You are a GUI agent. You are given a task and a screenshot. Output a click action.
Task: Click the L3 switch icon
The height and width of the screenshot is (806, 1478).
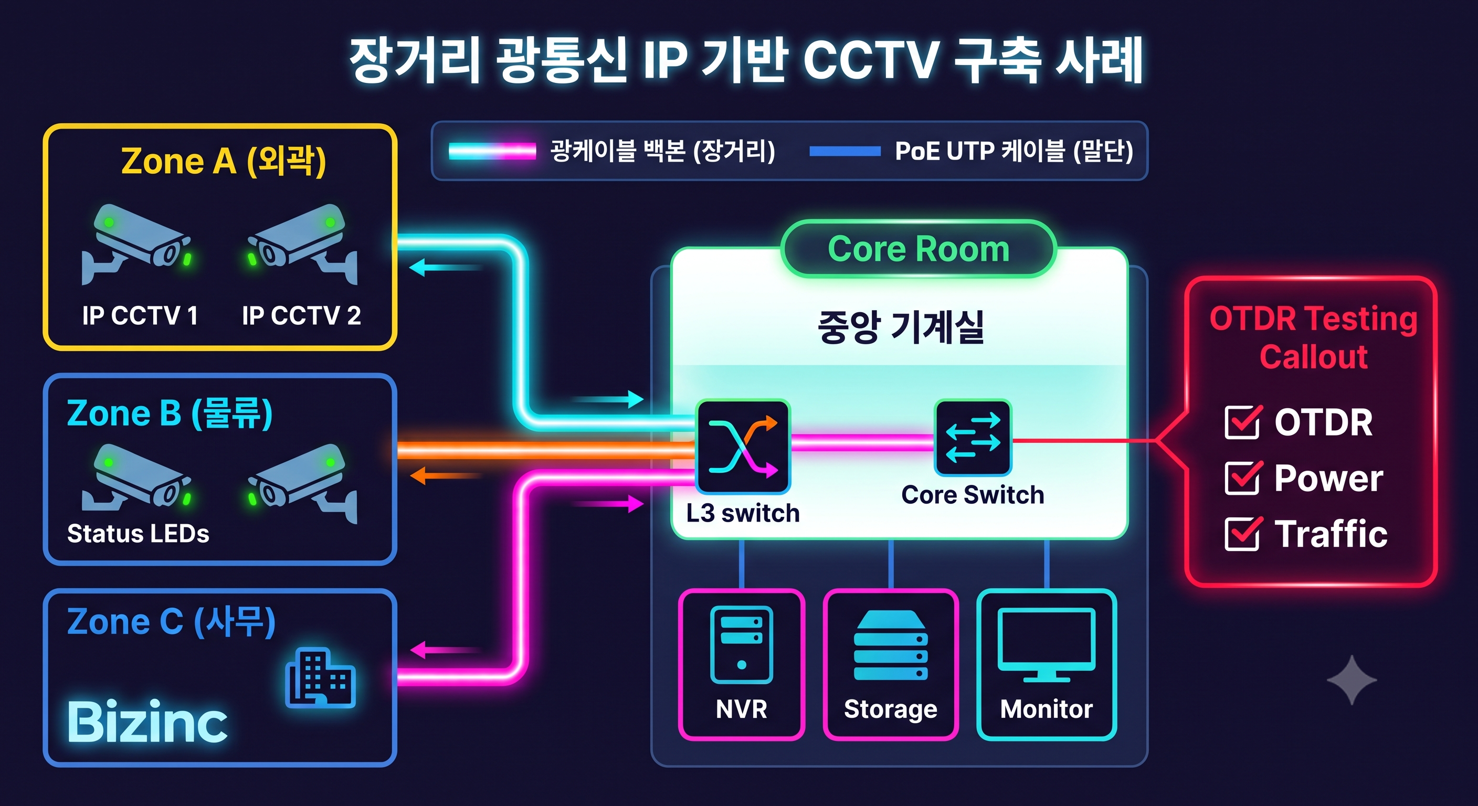click(x=743, y=447)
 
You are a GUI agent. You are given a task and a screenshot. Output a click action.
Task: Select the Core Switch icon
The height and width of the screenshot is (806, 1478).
click(x=973, y=438)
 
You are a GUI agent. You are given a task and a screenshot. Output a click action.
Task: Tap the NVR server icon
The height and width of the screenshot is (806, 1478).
click(x=742, y=645)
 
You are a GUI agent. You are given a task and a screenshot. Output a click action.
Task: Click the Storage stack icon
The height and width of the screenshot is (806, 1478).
click(x=891, y=645)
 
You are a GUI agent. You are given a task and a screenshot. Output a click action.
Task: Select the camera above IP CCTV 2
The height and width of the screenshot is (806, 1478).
click(x=302, y=245)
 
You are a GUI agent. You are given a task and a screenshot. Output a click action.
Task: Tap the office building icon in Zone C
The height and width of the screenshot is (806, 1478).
click(x=320, y=677)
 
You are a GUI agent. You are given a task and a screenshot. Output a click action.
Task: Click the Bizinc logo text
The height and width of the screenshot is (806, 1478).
click(x=147, y=721)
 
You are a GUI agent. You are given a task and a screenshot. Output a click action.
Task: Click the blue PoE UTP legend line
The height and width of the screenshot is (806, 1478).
click(x=844, y=152)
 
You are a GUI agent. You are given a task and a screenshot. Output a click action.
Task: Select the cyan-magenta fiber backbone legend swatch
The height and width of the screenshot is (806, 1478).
click(x=492, y=152)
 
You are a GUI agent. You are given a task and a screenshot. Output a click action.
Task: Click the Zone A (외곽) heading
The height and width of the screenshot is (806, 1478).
click(x=224, y=161)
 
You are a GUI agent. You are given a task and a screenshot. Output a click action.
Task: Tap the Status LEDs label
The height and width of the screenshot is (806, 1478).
click(x=138, y=534)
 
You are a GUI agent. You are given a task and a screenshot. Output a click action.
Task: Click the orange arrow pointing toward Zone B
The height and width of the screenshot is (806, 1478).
click(x=446, y=475)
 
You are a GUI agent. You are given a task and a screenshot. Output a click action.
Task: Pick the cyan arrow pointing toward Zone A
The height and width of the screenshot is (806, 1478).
click(x=446, y=267)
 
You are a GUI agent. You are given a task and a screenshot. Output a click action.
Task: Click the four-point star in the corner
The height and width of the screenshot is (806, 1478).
click(x=1353, y=680)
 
